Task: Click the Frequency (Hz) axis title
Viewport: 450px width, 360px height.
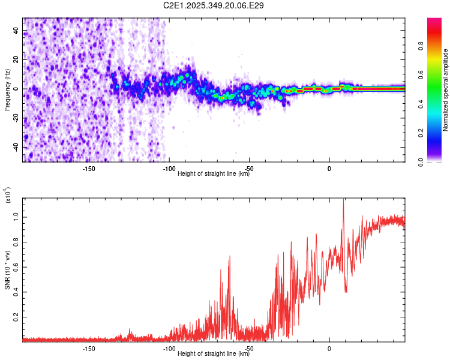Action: [7, 90]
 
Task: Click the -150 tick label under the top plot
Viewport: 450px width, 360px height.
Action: [88, 169]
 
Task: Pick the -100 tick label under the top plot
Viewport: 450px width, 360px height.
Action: [169, 169]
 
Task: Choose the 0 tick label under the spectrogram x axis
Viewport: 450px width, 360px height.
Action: [329, 169]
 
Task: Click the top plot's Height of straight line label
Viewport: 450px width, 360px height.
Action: [214, 174]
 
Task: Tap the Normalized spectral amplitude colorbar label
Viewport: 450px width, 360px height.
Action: [446, 90]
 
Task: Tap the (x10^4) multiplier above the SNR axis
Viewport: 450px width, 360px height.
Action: [8, 196]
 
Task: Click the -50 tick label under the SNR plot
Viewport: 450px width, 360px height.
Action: [249, 349]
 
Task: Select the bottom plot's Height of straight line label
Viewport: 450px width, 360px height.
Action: [214, 354]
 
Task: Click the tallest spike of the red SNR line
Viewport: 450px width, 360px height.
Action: [343, 199]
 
